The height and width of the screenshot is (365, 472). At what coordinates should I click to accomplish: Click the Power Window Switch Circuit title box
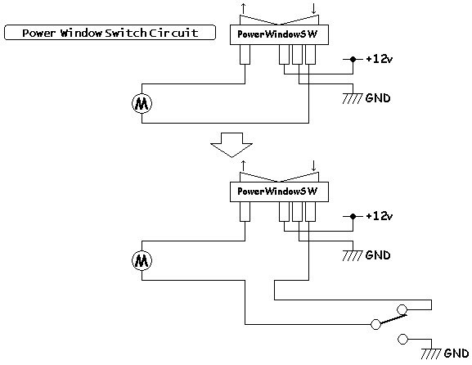click(x=110, y=33)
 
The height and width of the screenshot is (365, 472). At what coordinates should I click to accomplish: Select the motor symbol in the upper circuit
click(x=142, y=104)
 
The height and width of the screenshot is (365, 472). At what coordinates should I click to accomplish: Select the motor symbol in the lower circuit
click(x=142, y=261)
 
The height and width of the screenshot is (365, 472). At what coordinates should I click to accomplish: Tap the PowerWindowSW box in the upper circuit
click(x=279, y=34)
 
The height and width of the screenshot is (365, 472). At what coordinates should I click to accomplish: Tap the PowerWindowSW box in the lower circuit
click(x=279, y=192)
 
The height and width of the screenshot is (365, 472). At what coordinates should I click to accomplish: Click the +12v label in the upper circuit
click(x=380, y=59)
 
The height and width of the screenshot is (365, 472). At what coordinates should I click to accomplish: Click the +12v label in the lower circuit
click(x=380, y=216)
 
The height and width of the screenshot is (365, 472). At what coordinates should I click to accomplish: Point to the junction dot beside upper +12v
click(x=353, y=59)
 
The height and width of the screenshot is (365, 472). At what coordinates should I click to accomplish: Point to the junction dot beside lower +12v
click(x=353, y=217)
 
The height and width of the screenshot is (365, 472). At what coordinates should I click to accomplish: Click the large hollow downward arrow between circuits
click(x=232, y=145)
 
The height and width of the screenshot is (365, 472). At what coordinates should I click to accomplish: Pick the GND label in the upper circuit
click(x=378, y=98)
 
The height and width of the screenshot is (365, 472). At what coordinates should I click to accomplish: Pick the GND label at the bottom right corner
click(x=456, y=354)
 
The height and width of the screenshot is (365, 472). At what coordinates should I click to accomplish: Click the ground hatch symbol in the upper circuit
click(x=353, y=98)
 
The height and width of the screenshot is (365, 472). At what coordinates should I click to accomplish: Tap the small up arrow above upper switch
click(x=243, y=8)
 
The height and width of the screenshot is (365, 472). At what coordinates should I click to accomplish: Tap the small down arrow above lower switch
click(x=313, y=165)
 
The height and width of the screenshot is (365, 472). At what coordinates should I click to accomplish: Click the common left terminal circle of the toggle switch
click(x=375, y=324)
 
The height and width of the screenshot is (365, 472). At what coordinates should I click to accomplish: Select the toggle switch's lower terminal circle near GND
click(x=402, y=339)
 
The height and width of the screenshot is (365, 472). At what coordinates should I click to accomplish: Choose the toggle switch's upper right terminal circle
click(x=402, y=309)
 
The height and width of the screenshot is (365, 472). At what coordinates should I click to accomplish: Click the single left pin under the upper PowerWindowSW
click(x=245, y=55)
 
